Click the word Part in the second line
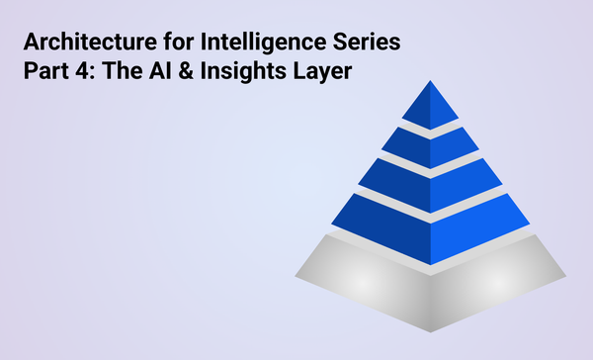coord(44,73)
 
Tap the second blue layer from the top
coord(429,142)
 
